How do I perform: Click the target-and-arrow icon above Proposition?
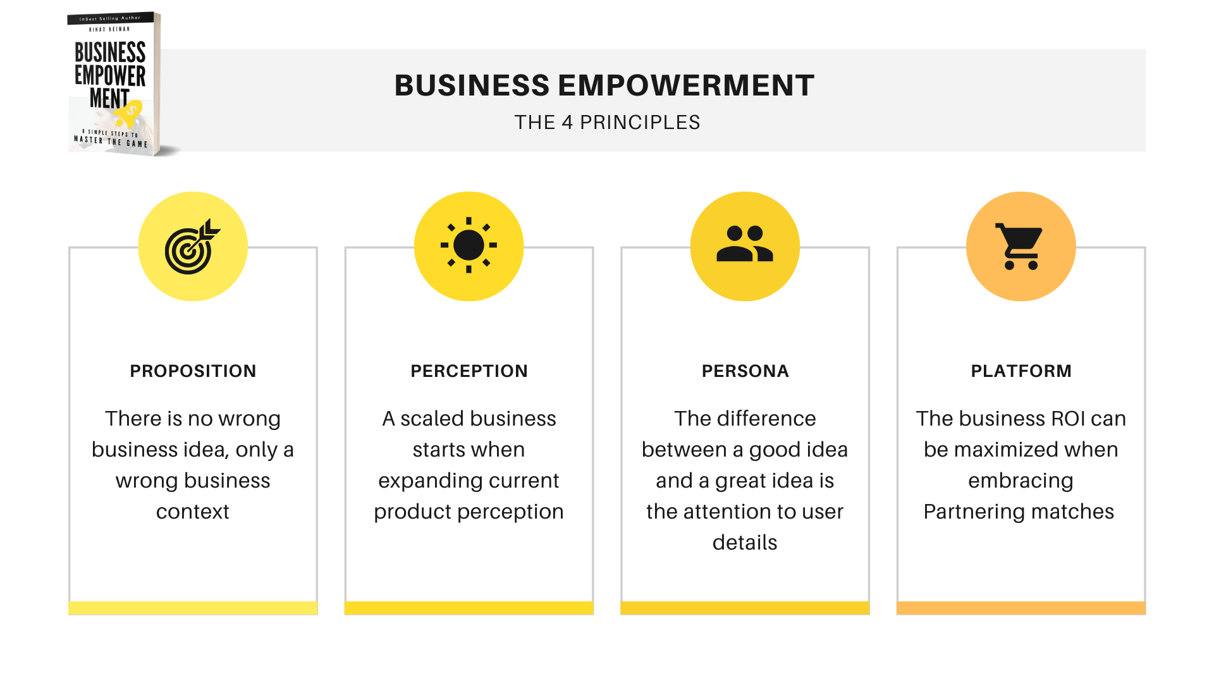pyautogui.click(x=192, y=247)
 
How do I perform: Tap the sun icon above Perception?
pyautogui.click(x=469, y=245)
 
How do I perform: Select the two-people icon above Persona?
pyautogui.click(x=745, y=243)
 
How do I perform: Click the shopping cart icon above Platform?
pyautogui.click(x=1019, y=247)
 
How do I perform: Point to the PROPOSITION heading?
pyautogui.click(x=193, y=371)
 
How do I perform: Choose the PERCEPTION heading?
pyautogui.click(x=469, y=371)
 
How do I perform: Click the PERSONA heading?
pyautogui.click(x=745, y=371)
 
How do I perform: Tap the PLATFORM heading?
pyautogui.click(x=1021, y=371)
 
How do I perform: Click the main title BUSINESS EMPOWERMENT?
pyautogui.click(x=604, y=85)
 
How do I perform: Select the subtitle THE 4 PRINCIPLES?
pyautogui.click(x=607, y=122)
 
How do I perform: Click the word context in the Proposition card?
pyautogui.click(x=193, y=512)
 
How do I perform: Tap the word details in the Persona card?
pyautogui.click(x=745, y=543)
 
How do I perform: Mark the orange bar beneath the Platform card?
pyautogui.click(x=1021, y=608)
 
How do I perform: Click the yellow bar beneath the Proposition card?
pyautogui.click(x=193, y=608)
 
